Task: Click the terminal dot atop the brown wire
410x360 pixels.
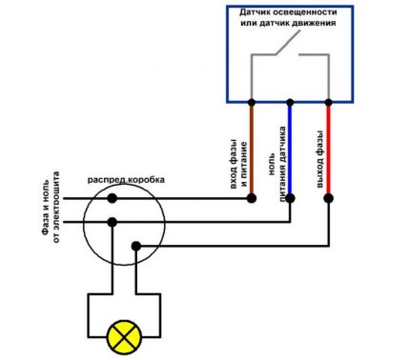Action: [252, 101]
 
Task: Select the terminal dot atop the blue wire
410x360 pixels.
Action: [290, 101]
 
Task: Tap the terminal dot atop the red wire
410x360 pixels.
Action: [328, 101]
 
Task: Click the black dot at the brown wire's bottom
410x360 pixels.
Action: [252, 199]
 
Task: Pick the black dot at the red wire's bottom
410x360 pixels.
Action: [328, 199]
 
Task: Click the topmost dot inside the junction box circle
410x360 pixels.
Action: [113, 199]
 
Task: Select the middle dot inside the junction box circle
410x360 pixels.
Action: [113, 222]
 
